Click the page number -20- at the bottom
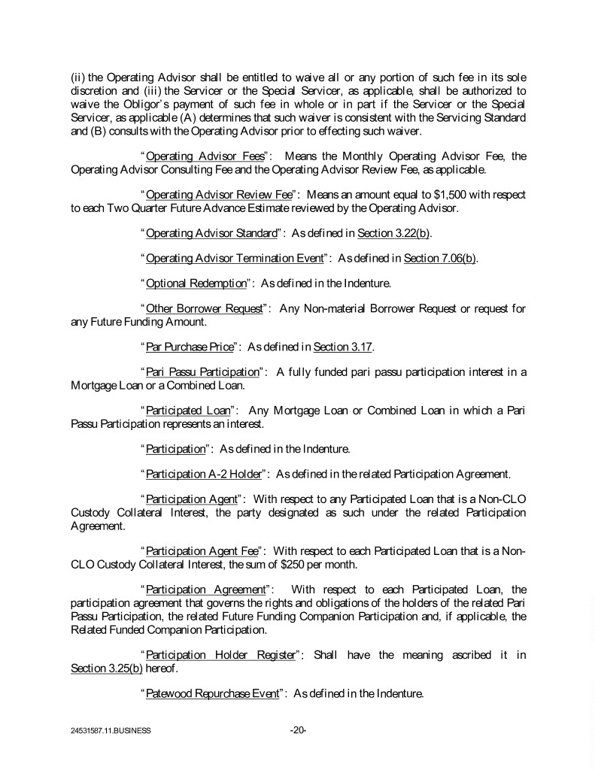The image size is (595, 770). tap(298, 729)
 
